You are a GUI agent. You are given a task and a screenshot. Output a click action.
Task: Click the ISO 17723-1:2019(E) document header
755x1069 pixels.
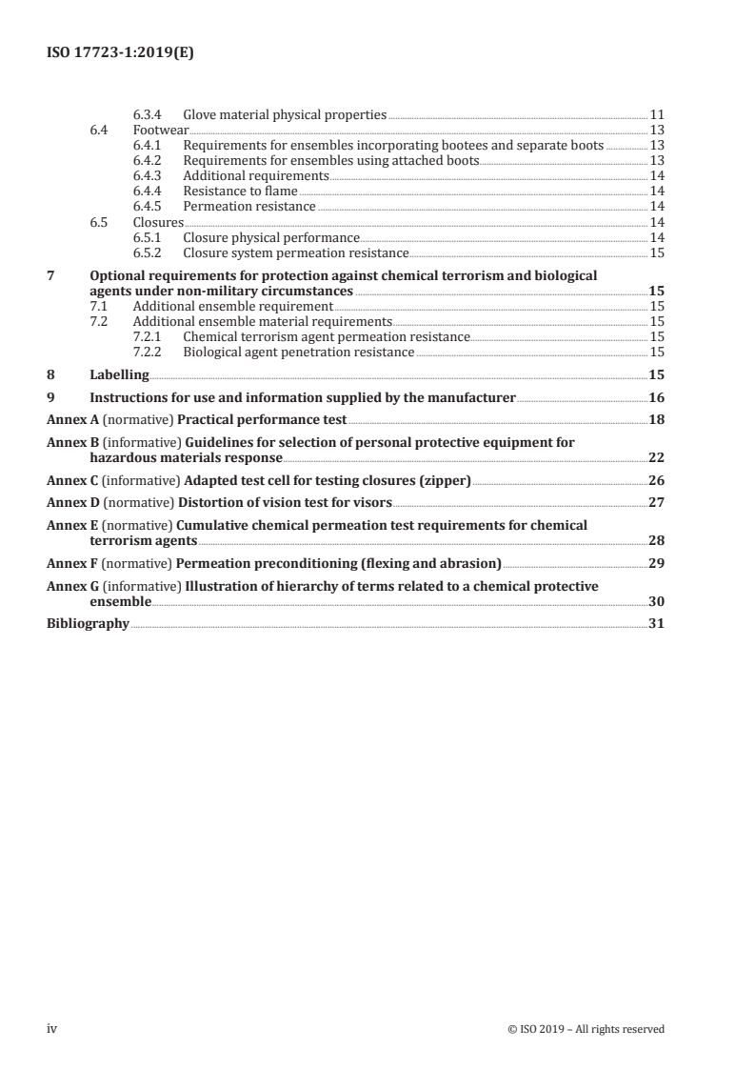[x=120, y=54]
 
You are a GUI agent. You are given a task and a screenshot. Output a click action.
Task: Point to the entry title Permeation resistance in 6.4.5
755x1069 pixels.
[x=249, y=206]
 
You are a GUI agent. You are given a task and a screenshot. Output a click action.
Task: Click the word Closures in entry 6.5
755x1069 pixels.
[x=158, y=221]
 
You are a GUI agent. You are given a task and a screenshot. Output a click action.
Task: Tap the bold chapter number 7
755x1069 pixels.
[x=51, y=275]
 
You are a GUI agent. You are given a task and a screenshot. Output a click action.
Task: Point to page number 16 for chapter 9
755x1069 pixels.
[x=656, y=397]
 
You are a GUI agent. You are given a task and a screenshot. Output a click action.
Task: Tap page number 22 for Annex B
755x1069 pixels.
[x=656, y=457]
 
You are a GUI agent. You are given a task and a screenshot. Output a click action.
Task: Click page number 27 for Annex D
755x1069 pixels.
[x=656, y=502]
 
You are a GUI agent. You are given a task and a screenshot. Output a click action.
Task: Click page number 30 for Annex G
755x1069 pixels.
[x=656, y=602]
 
